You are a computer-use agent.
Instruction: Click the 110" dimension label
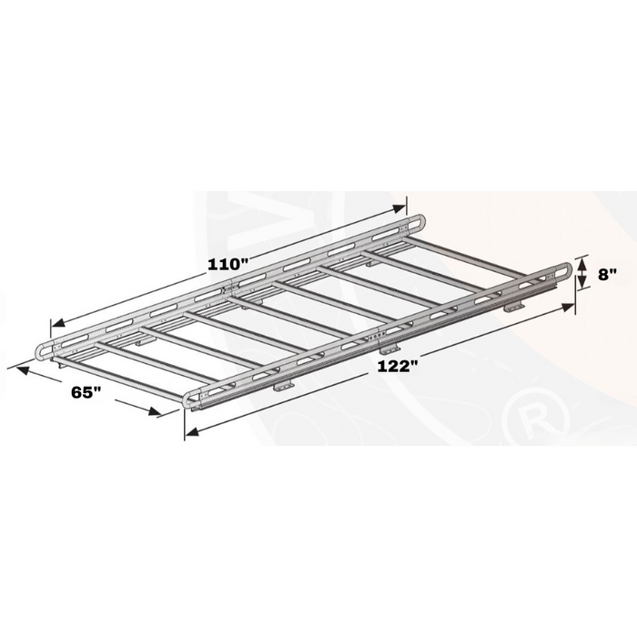pyautogui.click(x=227, y=265)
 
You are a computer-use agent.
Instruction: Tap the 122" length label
pyautogui.click(x=398, y=366)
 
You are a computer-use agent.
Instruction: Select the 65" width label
pyautogui.click(x=86, y=392)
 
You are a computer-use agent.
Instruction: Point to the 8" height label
pyautogui.click(x=607, y=274)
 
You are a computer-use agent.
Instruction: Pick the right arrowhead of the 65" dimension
pyautogui.click(x=155, y=410)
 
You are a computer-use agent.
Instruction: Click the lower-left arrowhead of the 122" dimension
pyautogui.click(x=192, y=432)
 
